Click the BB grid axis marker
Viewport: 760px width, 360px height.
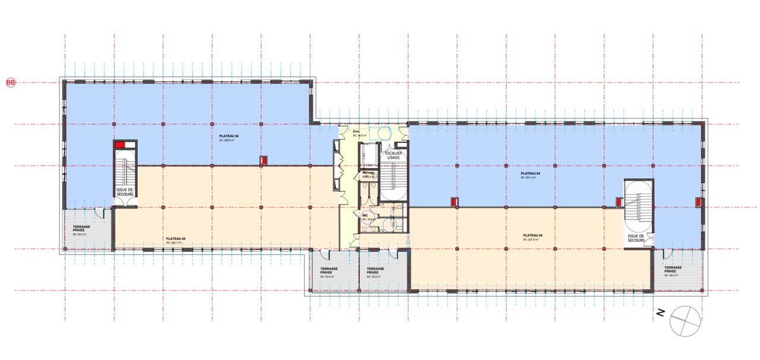click(x=10, y=83)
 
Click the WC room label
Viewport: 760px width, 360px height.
click(x=366, y=216)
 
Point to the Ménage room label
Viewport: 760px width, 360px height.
click(x=368, y=173)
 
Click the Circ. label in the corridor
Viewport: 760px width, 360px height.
click(x=357, y=132)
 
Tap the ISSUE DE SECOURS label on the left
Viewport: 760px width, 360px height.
click(x=125, y=191)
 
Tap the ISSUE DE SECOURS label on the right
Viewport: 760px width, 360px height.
click(x=638, y=237)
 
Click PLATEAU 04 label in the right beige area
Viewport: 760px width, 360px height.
click(x=534, y=235)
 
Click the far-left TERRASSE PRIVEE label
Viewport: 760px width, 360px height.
click(x=82, y=229)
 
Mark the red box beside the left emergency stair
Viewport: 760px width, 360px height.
click(x=121, y=145)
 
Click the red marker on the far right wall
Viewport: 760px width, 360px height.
click(x=699, y=202)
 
